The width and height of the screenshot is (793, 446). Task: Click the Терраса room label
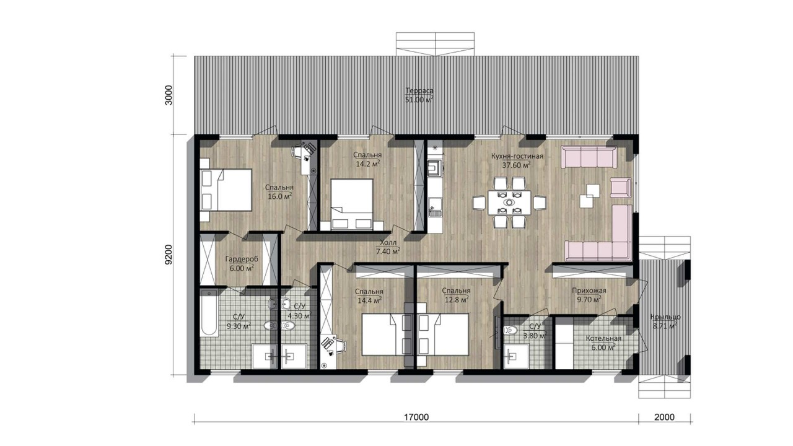pyautogui.click(x=419, y=90)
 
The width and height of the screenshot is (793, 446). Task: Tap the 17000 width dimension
pyautogui.click(x=416, y=418)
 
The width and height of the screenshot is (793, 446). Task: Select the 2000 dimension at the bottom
pyautogui.click(x=664, y=418)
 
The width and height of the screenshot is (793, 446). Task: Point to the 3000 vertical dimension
pyautogui.click(x=169, y=95)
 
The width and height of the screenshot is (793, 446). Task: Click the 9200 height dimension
pyautogui.click(x=169, y=255)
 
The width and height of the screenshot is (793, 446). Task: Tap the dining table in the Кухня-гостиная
pyautogui.click(x=509, y=203)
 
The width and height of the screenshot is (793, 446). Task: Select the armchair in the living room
pyautogui.click(x=620, y=188)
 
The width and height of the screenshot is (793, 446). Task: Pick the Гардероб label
pyautogui.click(x=242, y=259)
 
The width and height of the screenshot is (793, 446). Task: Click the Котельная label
pyautogui.click(x=603, y=338)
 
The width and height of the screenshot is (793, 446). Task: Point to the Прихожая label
pyautogui.click(x=589, y=291)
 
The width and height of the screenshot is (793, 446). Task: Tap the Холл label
pyautogui.click(x=388, y=243)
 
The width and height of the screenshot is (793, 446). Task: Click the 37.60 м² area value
pyautogui.click(x=517, y=165)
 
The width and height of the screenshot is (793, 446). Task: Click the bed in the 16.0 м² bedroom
pyautogui.click(x=226, y=190)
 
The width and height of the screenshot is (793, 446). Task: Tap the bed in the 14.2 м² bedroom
pyautogui.click(x=352, y=204)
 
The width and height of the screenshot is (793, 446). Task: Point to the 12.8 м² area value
pyautogui.click(x=457, y=300)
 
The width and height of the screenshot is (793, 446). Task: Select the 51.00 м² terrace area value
pyautogui.click(x=419, y=100)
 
